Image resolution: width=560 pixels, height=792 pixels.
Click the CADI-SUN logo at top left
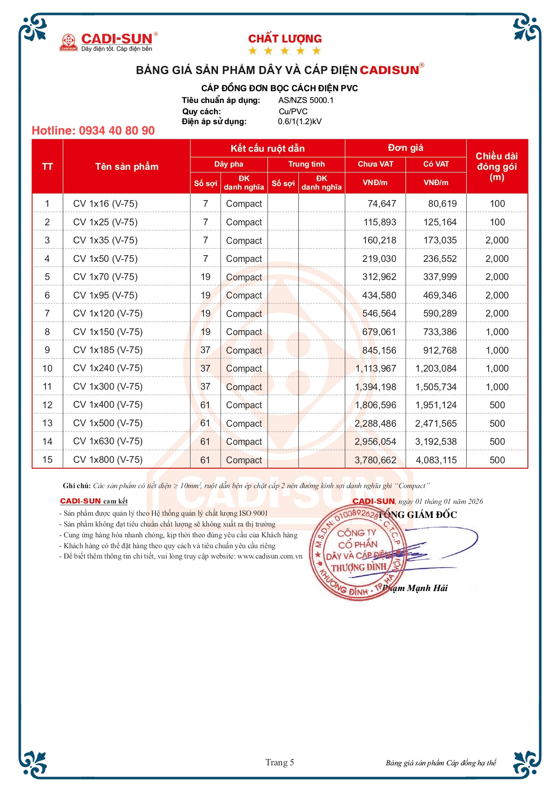tap(109, 42)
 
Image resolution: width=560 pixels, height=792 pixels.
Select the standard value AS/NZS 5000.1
tap(305, 100)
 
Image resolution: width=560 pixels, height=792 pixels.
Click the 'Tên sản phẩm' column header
tap(127, 167)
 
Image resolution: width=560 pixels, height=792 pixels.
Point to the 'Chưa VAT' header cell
tap(375, 164)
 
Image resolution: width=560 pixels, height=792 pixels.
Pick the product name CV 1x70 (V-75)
tap(105, 277)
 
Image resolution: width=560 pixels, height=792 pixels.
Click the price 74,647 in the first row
tap(381, 204)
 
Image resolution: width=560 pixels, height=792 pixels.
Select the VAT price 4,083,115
tap(436, 460)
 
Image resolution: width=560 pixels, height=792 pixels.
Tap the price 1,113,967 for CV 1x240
tap(375, 368)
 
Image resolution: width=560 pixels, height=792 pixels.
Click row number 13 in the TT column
tap(47, 423)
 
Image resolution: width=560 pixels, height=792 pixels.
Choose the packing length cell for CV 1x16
tap(497, 204)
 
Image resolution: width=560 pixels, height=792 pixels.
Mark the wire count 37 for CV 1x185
tap(205, 350)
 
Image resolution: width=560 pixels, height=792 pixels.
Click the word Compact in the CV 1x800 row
tap(244, 460)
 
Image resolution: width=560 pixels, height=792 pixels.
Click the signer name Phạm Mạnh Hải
tap(415, 588)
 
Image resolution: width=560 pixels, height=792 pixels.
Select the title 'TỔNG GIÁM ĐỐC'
tap(417, 515)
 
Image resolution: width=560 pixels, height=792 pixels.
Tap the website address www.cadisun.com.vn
tap(270, 556)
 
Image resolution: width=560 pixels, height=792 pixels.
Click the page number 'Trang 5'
tap(280, 762)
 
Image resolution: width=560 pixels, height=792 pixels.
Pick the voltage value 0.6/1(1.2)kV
tap(300, 121)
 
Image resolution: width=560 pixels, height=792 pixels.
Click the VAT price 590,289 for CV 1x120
tap(440, 313)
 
